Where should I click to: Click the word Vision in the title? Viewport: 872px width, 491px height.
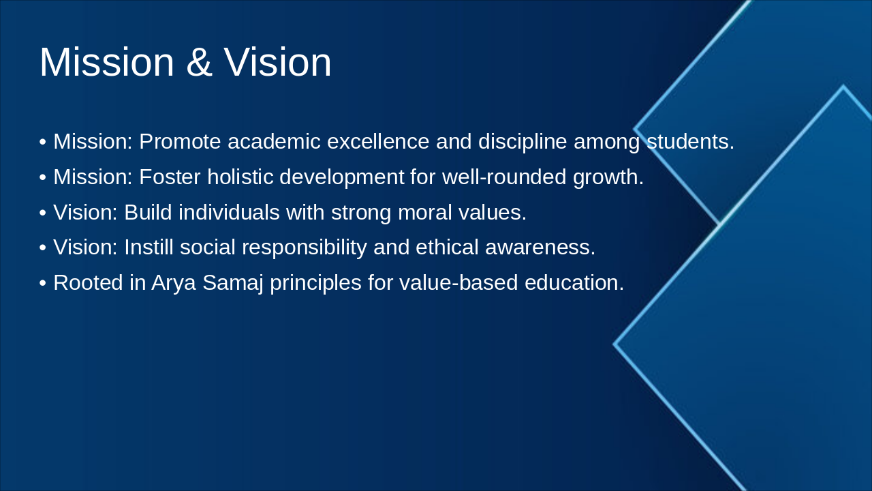(277, 62)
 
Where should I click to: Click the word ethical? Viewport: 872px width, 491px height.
(447, 248)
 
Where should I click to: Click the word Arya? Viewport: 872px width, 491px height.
(174, 283)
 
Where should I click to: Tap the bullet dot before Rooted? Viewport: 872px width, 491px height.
(43, 283)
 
